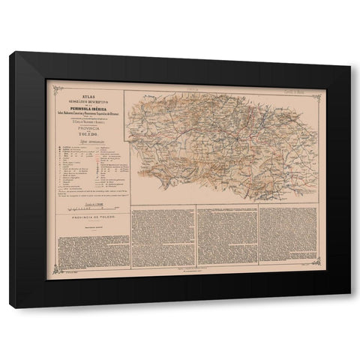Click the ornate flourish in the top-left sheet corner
point(51,84)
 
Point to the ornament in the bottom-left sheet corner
point(51,274)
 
